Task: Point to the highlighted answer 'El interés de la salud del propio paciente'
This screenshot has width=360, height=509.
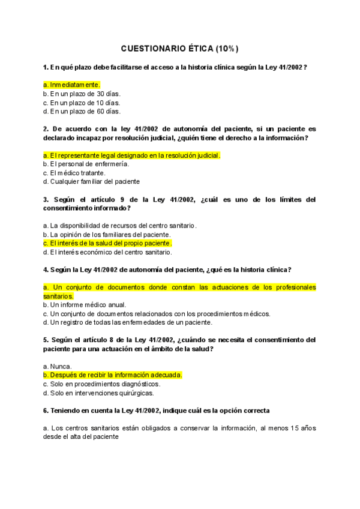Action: point(108,243)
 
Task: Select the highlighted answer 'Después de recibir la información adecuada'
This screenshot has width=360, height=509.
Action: point(113,375)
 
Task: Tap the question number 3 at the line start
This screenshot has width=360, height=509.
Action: point(46,199)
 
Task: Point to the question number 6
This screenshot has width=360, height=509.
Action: point(46,411)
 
